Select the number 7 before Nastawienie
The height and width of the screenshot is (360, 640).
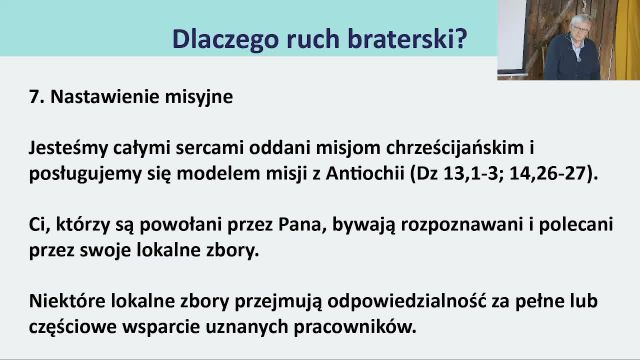pos(34,97)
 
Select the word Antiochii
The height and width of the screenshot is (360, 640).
pos(365,174)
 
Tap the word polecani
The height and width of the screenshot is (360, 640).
pos(576,225)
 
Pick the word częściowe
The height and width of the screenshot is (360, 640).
pos(73,328)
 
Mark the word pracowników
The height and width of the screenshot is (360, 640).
pos(355,328)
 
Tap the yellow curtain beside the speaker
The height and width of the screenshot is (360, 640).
pos(628,40)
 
